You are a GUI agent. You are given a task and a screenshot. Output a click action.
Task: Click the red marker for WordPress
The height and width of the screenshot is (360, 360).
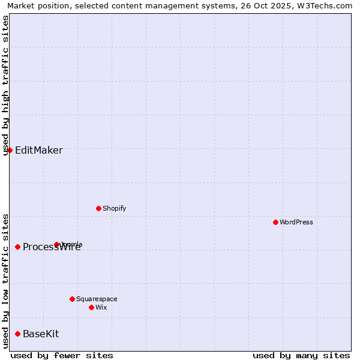(275, 222)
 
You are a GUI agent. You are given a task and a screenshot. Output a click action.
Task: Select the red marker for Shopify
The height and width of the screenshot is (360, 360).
(98, 208)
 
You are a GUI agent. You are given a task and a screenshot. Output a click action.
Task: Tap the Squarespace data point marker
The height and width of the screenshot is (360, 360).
(72, 299)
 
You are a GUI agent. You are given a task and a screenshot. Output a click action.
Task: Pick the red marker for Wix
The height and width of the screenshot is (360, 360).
(91, 307)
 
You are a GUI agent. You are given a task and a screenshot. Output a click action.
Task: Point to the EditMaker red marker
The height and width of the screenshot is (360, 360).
(10, 150)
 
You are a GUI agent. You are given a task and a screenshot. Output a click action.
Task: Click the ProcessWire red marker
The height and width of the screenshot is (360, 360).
(17, 247)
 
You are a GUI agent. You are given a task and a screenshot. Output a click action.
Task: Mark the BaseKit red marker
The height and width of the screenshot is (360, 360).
(17, 334)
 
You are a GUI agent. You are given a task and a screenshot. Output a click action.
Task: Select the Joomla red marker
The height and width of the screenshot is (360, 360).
(56, 244)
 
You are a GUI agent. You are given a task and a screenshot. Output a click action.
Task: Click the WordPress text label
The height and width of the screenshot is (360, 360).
(296, 222)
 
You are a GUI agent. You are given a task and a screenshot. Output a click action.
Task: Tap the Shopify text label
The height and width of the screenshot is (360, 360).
(114, 208)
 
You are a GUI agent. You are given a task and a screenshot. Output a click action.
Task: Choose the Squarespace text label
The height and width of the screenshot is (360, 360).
(97, 299)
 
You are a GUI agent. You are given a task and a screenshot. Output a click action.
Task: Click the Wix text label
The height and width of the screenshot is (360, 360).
(101, 307)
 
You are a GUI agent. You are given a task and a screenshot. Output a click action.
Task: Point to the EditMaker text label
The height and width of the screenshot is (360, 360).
(38, 150)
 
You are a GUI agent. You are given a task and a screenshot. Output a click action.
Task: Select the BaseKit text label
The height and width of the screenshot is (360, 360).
(41, 334)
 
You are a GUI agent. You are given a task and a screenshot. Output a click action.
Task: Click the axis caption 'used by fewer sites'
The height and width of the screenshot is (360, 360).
(62, 355)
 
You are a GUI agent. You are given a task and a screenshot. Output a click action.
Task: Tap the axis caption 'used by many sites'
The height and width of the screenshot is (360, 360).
(301, 355)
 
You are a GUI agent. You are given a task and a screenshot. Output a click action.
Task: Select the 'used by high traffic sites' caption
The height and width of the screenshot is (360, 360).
(5, 85)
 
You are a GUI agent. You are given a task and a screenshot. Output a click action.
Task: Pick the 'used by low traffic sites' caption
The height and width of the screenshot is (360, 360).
(5, 281)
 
